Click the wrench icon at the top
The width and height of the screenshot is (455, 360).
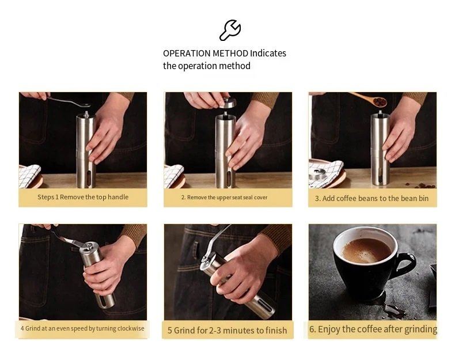pos(230,29)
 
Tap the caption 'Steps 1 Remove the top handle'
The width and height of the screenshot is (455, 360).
pos(83,197)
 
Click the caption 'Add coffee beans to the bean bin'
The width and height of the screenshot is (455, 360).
pos(371,198)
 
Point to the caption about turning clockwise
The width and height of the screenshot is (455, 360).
pos(82,328)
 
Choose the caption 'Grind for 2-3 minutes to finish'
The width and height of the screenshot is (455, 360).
pos(227,330)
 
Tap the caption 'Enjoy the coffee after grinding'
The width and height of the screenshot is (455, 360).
pos(373,329)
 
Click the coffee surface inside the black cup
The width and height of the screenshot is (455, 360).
pos(366,250)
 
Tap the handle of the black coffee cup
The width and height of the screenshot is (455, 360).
pos(404,264)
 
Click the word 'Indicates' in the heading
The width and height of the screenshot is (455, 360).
pos(268,53)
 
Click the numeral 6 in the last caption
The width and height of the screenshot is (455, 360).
pos(312,329)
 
